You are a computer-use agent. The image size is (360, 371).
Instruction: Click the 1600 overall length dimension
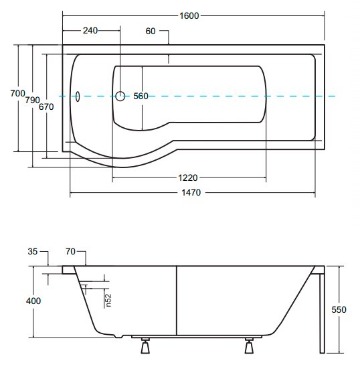[x=189, y=16]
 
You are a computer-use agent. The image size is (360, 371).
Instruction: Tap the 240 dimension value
[x=90, y=31]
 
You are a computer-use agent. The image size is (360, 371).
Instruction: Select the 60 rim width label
[x=151, y=31]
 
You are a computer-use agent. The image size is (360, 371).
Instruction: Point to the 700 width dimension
[x=17, y=94]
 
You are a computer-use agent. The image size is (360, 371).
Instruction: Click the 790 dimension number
[x=32, y=100]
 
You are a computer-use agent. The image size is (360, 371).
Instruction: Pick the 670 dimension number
[x=46, y=106]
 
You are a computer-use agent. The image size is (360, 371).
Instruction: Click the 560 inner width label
[x=141, y=96]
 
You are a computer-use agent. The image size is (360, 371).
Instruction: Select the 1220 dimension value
[x=187, y=177]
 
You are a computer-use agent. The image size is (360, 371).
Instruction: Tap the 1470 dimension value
[x=191, y=193]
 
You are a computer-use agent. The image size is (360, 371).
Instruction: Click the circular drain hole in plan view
[x=120, y=96]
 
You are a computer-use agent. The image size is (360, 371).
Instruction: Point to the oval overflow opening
[x=78, y=96]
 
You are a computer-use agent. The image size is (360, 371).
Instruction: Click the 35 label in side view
[x=33, y=251]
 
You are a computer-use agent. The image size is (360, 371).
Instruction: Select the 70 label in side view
[x=70, y=251]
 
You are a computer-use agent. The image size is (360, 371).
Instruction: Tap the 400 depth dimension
[x=33, y=301]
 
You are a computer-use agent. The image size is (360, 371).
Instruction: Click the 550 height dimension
[x=339, y=309]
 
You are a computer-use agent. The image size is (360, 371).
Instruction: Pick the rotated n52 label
[x=108, y=300]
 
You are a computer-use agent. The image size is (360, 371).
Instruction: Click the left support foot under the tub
[x=145, y=346]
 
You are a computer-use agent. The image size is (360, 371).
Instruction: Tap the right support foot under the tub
[x=249, y=346]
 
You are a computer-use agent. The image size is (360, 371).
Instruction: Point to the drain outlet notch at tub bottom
[x=118, y=336]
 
